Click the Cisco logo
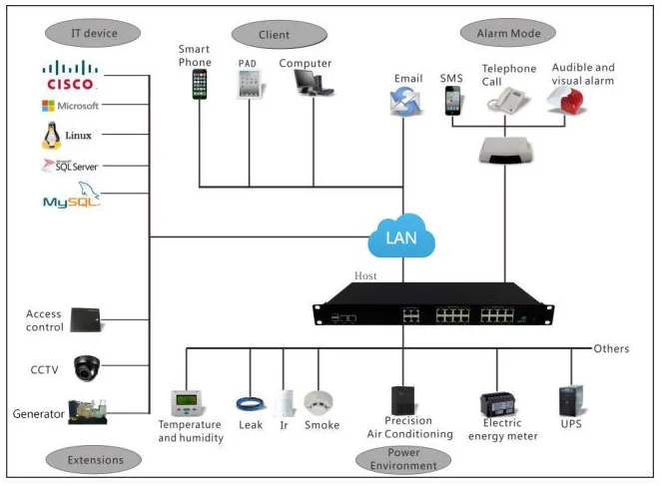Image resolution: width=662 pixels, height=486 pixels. [70, 76]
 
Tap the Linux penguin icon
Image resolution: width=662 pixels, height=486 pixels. [52, 136]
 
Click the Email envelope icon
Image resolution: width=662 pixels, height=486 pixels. [408, 100]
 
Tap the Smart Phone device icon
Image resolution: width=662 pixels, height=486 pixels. [200, 84]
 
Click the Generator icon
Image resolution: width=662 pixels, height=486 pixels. [87, 412]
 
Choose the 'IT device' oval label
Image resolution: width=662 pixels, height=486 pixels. [95, 33]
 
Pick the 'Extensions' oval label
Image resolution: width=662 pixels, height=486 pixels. [97, 459]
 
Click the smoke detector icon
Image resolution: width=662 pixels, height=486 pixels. [320, 402]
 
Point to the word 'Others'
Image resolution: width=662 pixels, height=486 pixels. [610, 348]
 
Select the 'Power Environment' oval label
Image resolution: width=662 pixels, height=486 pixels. [403, 459]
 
